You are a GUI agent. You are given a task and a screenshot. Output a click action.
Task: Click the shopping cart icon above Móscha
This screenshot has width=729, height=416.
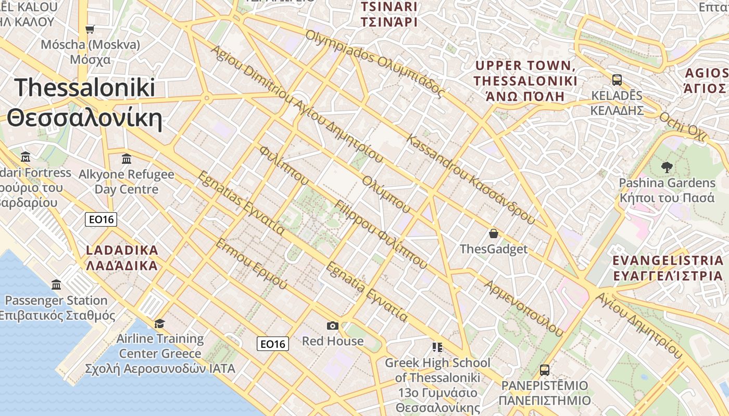coord(90,29)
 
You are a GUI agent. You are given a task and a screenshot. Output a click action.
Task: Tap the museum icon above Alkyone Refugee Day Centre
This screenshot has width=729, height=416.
coord(126,158)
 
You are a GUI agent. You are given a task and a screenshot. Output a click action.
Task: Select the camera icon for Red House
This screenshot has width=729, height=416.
coord(332,326)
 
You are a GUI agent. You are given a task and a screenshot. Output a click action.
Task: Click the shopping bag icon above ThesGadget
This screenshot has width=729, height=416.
coord(493,233)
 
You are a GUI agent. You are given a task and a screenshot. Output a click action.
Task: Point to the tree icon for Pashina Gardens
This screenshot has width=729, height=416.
coord(667,167)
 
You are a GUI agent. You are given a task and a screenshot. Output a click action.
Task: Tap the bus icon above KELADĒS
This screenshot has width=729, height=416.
coord(617,80)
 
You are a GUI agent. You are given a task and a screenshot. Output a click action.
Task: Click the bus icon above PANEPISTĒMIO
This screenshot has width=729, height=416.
coord(545,370)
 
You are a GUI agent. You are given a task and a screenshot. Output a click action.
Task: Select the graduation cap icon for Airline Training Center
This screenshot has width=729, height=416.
coord(159,323)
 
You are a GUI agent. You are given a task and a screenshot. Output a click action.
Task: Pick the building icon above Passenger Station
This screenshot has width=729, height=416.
coord(56,284)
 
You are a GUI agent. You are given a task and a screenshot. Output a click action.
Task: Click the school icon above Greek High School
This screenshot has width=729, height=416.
coord(437,347)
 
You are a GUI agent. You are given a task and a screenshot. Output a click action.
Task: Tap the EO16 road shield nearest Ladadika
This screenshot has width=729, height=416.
coord(101,219)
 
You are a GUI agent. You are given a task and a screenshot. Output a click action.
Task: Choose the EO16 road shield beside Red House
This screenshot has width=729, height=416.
coord(273,344)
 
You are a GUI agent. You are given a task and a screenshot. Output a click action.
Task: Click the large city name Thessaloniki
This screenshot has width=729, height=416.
coord(85,87)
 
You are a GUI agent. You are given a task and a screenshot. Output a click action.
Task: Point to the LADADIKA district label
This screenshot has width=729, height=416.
coord(122,250)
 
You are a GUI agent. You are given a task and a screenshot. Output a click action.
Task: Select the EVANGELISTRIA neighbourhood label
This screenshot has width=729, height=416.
coord(668,261)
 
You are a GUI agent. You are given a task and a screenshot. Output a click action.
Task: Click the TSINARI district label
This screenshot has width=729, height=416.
coord(389,7)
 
